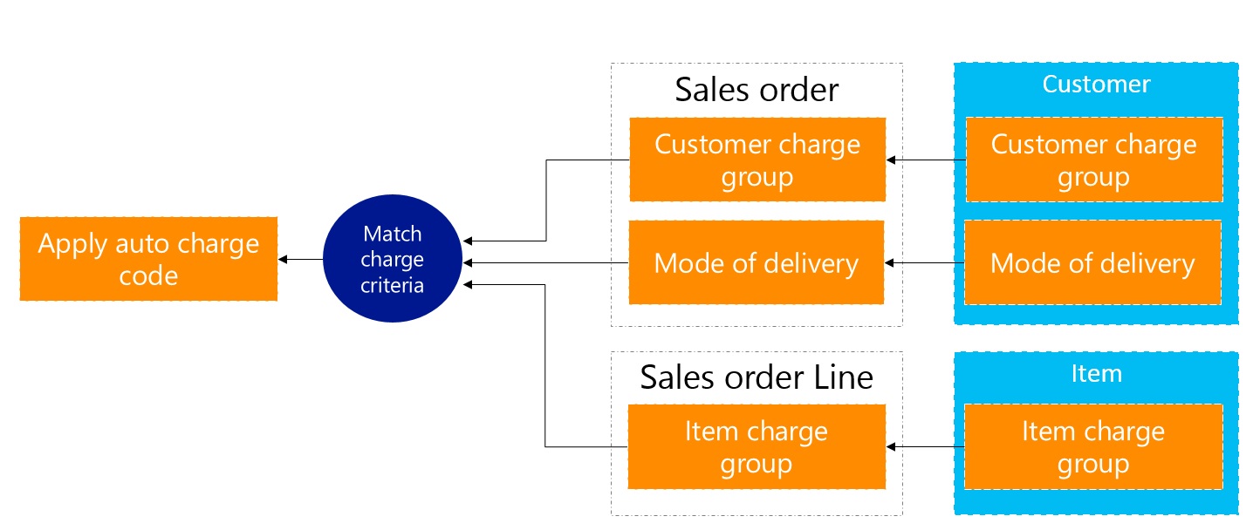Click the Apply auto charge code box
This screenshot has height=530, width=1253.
tap(148, 259)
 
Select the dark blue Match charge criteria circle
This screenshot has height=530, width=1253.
tap(393, 259)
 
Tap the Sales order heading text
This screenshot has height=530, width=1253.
tap(757, 90)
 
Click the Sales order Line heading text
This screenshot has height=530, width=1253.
tap(757, 377)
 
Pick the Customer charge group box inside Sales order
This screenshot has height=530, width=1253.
tap(757, 160)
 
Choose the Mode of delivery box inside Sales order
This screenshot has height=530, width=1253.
tap(757, 262)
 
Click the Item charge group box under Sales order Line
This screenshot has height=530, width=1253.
tap(757, 447)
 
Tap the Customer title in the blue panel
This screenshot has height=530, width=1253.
tap(1096, 85)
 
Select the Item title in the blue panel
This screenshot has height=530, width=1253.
tap(1096, 374)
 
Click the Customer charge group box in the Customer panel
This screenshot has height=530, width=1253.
tap(1093, 160)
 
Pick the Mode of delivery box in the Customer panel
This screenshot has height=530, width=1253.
tap(1093, 262)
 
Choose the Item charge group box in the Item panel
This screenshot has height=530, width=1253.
tap(1093, 447)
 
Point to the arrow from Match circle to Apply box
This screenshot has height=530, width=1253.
tap(301, 259)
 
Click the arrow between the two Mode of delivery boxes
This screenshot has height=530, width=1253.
tap(925, 262)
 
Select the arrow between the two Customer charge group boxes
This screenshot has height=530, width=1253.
tap(925, 160)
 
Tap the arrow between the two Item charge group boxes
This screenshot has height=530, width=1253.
tap(925, 447)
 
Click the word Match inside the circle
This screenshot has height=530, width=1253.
tap(393, 234)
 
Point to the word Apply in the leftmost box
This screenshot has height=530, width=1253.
tap(72, 243)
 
